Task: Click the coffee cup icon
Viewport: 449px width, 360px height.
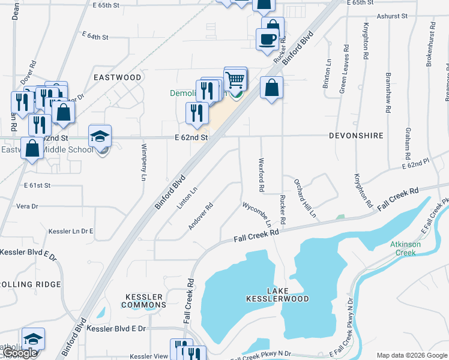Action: coord(267,40)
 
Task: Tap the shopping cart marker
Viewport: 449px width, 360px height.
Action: coord(235,79)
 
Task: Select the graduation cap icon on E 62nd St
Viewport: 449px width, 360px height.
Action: coord(100,136)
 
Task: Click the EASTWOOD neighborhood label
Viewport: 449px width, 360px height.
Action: coord(118,77)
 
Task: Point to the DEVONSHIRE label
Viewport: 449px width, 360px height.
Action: coord(356,136)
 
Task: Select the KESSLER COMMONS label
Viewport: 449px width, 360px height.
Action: coord(144,301)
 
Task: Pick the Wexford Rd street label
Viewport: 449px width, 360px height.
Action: coord(262,175)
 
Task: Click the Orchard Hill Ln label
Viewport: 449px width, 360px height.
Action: coord(304,197)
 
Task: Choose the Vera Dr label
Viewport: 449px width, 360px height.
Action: coord(27,206)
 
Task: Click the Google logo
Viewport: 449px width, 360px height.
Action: coord(20,353)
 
